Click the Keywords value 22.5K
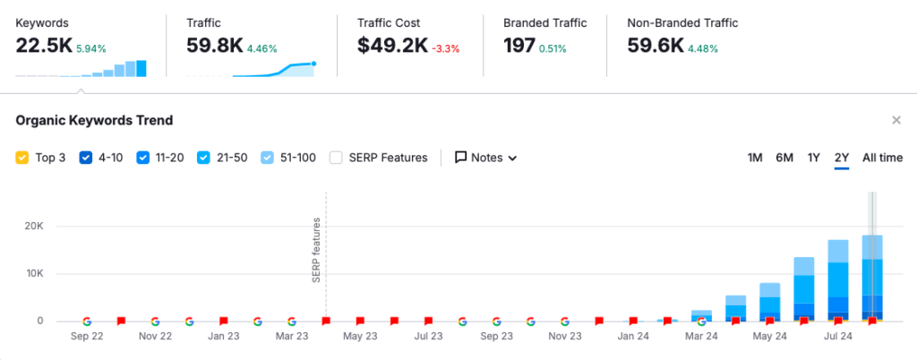43,46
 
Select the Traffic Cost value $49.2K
392,46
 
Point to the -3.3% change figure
446,48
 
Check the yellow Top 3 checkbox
22,158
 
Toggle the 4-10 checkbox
86,158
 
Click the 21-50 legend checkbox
203,158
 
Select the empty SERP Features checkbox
336,158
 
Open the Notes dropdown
486,158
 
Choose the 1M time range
755,158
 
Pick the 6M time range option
784,158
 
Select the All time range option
882,158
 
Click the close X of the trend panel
896,120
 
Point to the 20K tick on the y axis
33,227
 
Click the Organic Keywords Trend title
94,120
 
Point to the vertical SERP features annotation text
316,251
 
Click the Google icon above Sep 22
87,321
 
